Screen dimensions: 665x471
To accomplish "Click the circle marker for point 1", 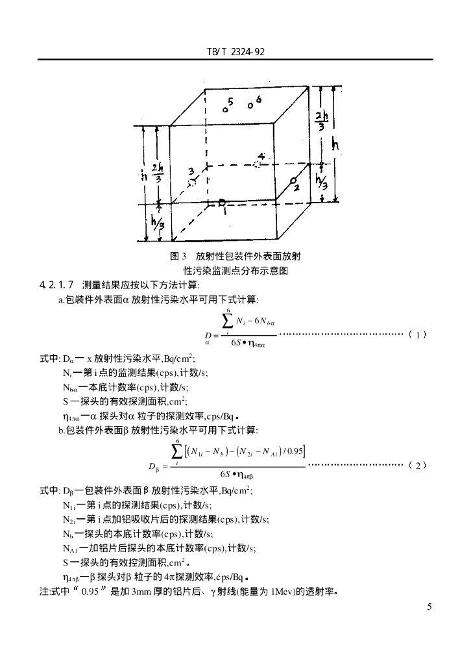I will point(223,203).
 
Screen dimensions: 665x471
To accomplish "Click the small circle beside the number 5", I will point(225,110).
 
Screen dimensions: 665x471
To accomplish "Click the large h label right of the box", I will point(335,145).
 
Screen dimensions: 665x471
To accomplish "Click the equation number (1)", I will point(418,335).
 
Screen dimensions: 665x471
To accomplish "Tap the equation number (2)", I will point(418,465).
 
